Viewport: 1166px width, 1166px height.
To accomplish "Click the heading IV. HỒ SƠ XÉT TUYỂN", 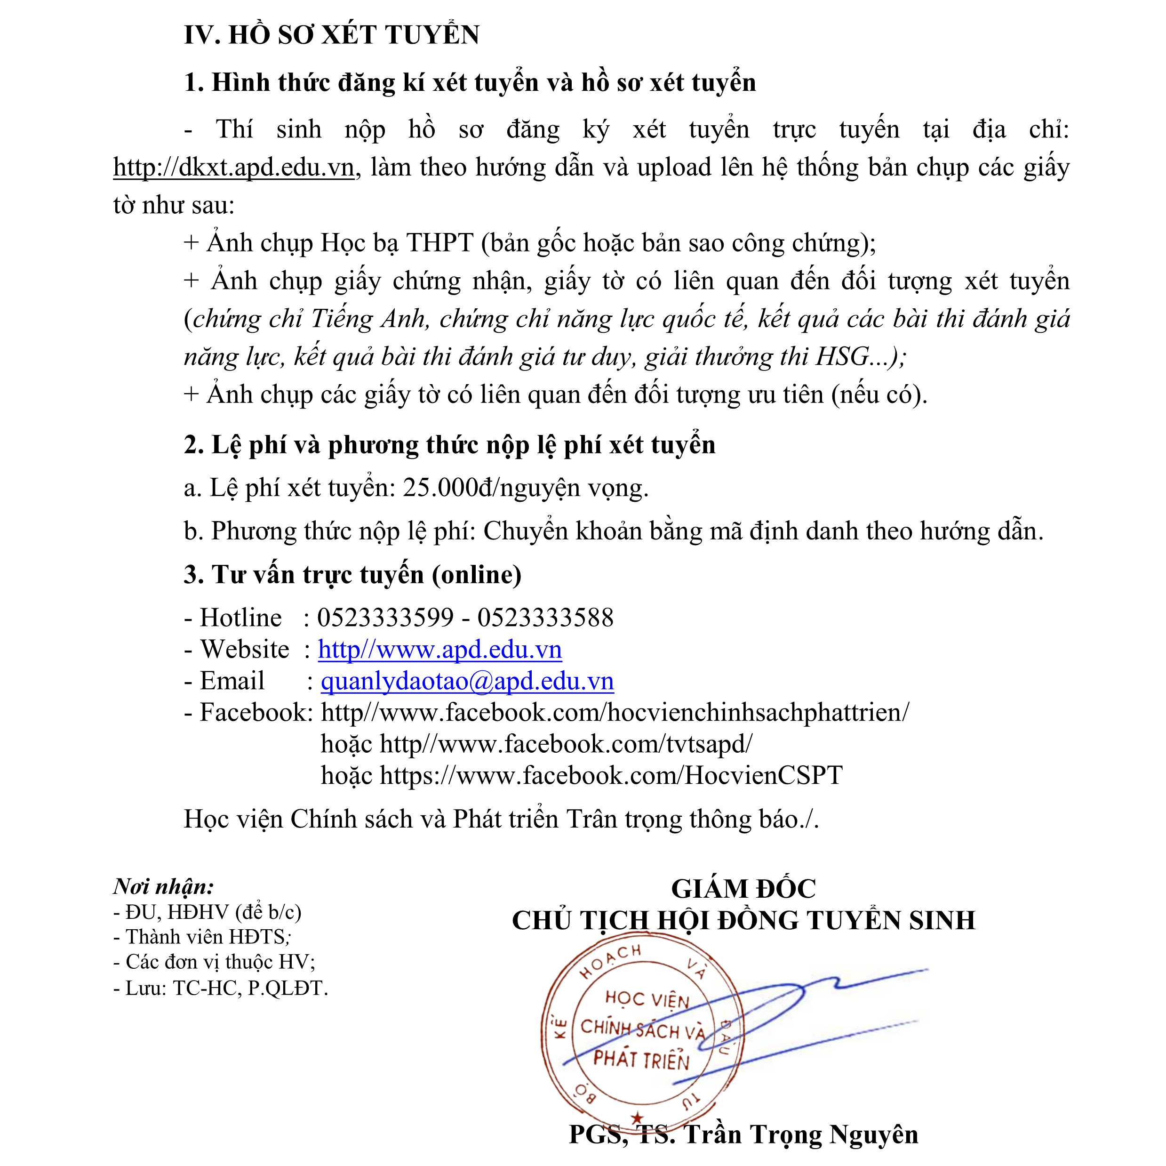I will click(x=331, y=34).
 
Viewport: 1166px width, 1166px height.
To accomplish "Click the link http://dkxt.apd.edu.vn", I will click(x=233, y=167).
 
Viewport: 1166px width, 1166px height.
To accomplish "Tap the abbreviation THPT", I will click(x=439, y=243).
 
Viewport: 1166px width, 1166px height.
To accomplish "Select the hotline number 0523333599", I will click(x=385, y=618).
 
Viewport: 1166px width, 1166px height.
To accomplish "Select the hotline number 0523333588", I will click(x=545, y=618).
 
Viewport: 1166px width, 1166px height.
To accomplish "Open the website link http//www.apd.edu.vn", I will click(x=439, y=650).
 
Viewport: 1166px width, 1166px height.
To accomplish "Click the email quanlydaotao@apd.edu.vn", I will click(x=467, y=681).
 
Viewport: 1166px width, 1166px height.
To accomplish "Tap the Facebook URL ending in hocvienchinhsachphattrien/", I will click(x=615, y=713).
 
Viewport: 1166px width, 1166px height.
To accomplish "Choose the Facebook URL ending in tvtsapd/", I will click(x=566, y=744).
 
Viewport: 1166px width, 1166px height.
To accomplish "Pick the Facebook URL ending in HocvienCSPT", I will click(x=611, y=775).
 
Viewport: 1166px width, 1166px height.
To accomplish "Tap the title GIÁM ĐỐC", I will click(x=743, y=889).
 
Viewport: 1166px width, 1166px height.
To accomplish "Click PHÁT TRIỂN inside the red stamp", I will click(x=641, y=1060).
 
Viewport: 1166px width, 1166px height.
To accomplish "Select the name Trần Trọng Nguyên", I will click(x=801, y=1134).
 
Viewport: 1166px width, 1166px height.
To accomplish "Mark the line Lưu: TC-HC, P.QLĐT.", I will click(x=220, y=989).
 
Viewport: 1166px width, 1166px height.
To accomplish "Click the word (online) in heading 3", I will click(x=476, y=574).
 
